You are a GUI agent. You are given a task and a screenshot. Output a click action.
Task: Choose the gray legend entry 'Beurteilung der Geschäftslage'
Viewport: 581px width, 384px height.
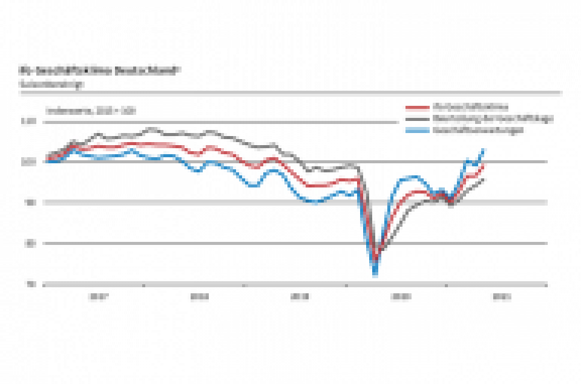[493, 119]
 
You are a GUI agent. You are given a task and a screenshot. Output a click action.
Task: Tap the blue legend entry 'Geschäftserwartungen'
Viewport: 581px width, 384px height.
[478, 130]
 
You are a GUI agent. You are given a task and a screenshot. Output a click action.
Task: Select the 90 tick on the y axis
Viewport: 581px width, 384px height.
[31, 203]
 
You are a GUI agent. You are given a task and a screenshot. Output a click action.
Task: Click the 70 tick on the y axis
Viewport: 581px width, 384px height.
[31, 284]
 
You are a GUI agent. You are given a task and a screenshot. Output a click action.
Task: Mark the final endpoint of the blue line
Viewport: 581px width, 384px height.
[483, 149]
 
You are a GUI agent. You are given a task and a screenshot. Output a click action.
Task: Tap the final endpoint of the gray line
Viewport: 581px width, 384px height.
[483, 179]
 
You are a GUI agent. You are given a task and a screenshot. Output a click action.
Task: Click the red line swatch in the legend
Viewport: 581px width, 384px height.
[417, 108]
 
